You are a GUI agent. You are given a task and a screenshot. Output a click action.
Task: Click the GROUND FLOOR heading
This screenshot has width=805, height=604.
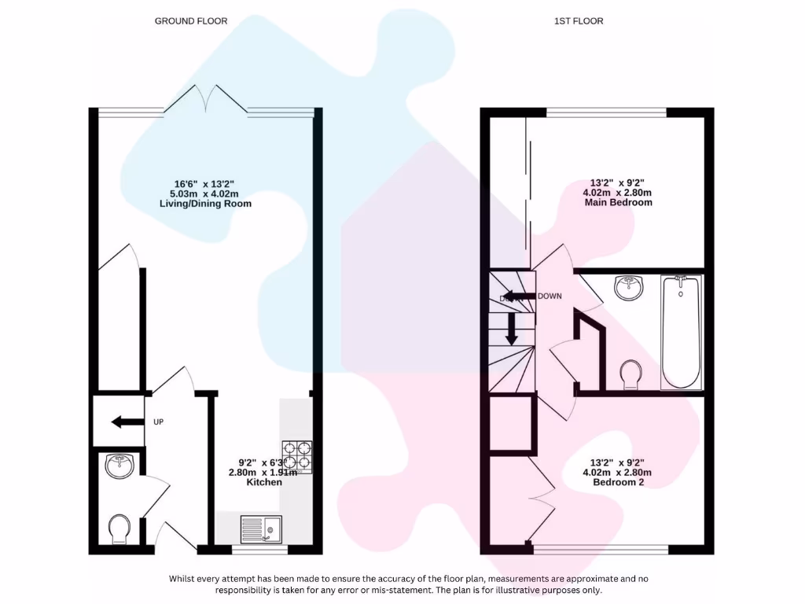(191, 21)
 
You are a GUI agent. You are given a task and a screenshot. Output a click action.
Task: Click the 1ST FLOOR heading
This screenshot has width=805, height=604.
(579, 21)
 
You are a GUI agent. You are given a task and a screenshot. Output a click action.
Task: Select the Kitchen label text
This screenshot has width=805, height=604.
(264, 482)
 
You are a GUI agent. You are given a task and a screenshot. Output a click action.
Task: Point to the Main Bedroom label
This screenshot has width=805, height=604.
(618, 202)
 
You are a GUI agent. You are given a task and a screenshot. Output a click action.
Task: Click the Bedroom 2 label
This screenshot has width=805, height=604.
(618, 482)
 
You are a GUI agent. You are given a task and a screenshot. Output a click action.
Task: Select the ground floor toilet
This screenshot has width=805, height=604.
(120, 528)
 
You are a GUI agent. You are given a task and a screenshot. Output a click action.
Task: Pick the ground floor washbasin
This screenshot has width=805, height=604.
(119, 466)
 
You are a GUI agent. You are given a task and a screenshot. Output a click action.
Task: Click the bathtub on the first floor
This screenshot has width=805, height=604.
(680, 332)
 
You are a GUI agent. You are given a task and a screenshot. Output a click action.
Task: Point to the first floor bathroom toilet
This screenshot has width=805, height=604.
(630, 374)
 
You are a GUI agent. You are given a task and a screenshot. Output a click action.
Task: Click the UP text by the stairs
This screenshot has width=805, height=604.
(158, 422)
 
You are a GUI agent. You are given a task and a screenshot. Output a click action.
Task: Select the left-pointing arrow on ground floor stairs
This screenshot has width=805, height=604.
(123, 422)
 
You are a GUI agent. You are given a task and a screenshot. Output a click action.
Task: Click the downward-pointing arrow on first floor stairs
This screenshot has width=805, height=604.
(511, 329)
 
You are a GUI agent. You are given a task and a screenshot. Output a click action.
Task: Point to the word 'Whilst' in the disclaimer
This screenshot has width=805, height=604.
(183, 579)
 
